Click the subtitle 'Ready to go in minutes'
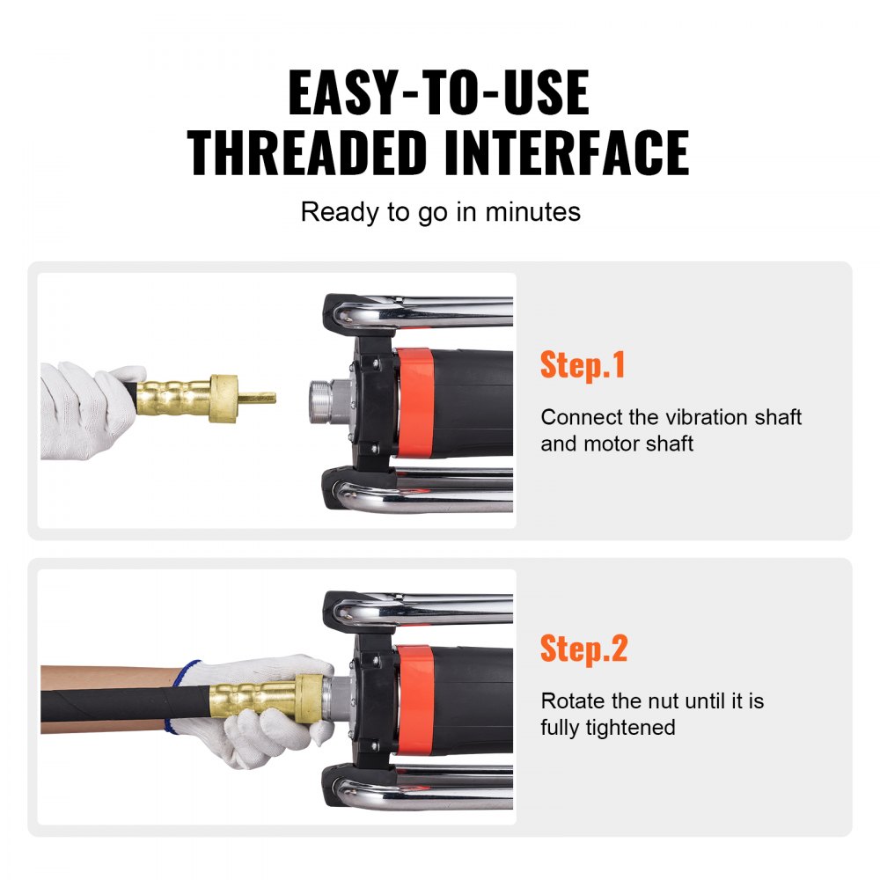tap(440, 212)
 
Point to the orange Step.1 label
tap(583, 364)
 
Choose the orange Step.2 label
tap(583, 649)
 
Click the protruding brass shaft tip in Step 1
tap(258, 398)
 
